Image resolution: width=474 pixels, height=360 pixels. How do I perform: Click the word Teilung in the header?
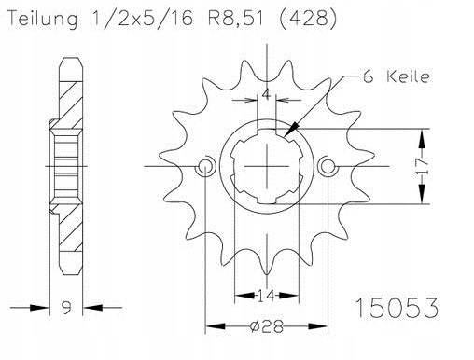43,19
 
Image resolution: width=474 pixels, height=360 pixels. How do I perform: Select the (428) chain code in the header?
308,19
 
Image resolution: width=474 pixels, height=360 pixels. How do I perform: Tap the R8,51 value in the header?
235,19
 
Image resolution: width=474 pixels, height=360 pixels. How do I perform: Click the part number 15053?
397,308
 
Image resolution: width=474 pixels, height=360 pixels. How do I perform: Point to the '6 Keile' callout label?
397,76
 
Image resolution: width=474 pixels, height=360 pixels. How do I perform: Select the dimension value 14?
267,296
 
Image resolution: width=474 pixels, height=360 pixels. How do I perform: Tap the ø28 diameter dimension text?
267,326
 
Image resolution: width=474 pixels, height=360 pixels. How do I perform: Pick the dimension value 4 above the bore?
266,93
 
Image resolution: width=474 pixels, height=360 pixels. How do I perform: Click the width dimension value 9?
66,308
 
